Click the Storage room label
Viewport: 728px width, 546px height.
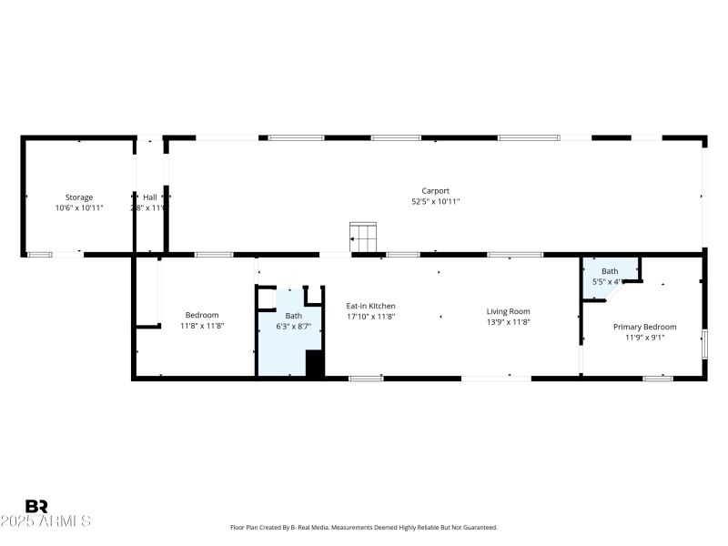click(78, 197)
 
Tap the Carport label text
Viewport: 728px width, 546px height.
click(435, 191)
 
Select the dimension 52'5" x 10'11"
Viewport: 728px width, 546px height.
click(435, 202)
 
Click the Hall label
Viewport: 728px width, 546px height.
click(149, 197)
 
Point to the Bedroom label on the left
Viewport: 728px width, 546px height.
click(202, 315)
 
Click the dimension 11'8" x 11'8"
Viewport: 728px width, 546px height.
click(202, 326)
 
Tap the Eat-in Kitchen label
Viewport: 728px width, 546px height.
click(370, 306)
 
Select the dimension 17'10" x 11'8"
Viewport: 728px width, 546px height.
click(370, 317)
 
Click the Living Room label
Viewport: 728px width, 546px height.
click(508, 311)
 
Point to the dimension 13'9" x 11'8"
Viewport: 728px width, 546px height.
click(508, 322)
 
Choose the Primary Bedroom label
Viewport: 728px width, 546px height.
click(644, 327)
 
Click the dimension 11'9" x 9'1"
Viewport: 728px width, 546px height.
click(644, 338)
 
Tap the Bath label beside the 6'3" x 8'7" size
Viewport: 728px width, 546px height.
click(292, 316)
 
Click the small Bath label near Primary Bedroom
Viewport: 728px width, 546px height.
click(609, 271)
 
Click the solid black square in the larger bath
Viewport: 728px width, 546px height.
click(315, 363)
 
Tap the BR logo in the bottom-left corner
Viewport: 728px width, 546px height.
click(36, 507)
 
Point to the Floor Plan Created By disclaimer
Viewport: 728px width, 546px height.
click(363, 528)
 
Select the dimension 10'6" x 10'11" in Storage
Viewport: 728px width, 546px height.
click(78, 208)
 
